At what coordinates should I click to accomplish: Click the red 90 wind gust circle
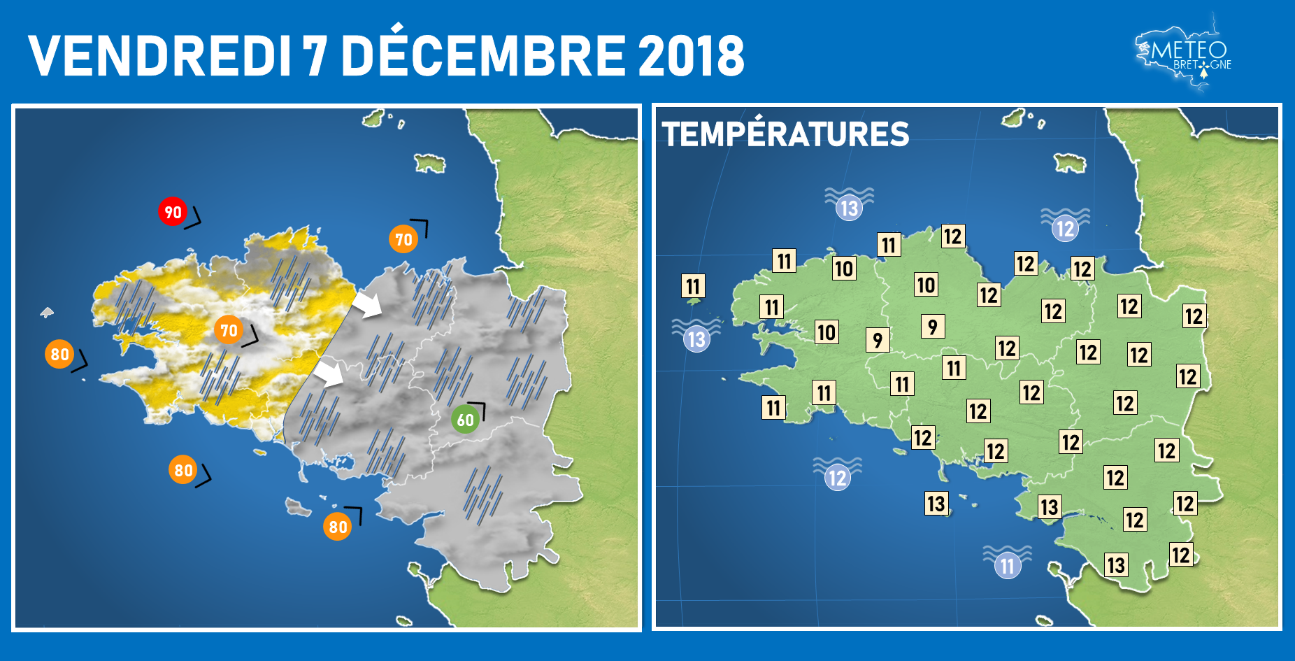tap(172, 212)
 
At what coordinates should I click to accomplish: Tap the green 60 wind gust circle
tap(465, 420)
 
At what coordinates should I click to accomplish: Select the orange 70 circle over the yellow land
tap(229, 330)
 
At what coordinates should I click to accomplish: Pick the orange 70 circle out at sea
tap(403, 239)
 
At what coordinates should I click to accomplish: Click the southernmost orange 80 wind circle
tap(338, 527)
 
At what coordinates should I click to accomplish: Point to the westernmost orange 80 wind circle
tap(59, 354)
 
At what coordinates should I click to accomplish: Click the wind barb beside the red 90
tap(192, 218)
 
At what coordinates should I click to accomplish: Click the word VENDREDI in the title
tap(159, 56)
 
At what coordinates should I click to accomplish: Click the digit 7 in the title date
tap(315, 56)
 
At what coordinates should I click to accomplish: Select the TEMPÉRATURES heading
tap(785, 134)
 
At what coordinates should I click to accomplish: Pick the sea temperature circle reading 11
tap(1008, 565)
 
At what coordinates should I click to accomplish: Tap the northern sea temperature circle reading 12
tap(1065, 228)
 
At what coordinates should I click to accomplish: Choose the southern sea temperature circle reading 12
tap(837, 478)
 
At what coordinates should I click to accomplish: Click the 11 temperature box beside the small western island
tap(693, 285)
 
